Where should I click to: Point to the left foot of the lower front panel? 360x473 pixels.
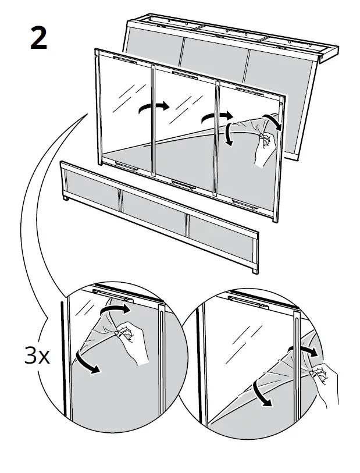(x=66, y=199)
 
